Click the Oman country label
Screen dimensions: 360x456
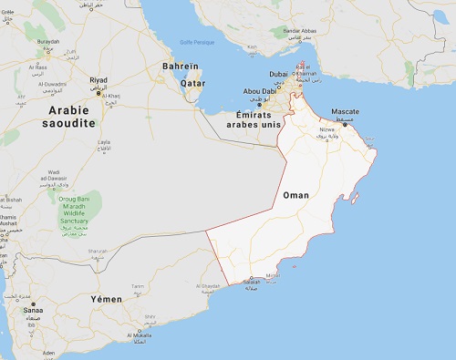pos(297,196)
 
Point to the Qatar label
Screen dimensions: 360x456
pos(192,82)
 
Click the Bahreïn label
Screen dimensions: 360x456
pos(180,67)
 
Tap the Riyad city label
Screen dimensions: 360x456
pos(98,80)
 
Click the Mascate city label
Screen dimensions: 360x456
pos(345,112)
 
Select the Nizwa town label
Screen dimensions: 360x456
pos(326,129)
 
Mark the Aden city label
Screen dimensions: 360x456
pos(48,353)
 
